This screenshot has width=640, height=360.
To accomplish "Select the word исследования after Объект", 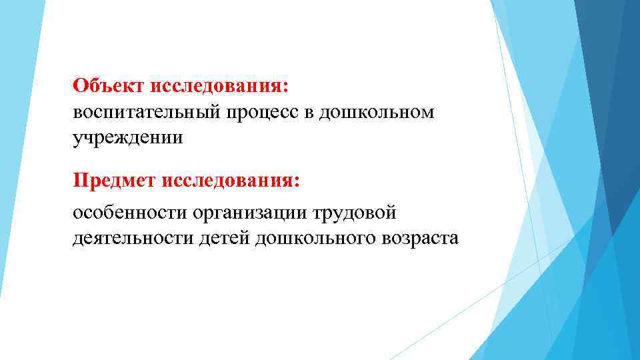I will pos(219,86).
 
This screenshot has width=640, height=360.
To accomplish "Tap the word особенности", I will pos(130,213).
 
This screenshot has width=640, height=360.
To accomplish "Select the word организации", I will pos(249,213).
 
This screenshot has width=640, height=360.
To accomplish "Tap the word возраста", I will pos(419,238).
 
